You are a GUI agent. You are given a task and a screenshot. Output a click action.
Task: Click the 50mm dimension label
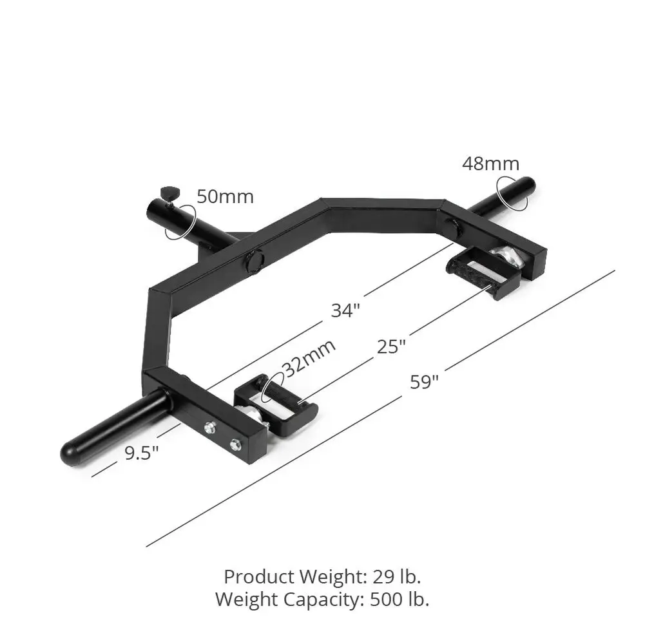click(x=225, y=196)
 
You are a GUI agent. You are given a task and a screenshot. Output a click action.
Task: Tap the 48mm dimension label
click(x=490, y=164)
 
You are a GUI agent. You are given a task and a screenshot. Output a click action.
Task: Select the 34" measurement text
click(x=345, y=310)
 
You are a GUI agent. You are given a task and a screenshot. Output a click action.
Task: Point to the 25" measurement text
click(x=391, y=346)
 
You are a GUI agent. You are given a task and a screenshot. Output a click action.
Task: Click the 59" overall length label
click(x=424, y=382)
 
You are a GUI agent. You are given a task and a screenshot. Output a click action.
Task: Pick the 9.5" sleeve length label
click(x=142, y=453)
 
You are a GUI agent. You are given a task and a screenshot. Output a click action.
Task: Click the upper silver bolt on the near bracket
click(x=209, y=426)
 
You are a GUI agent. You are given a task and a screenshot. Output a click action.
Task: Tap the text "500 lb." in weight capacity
click(x=400, y=600)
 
